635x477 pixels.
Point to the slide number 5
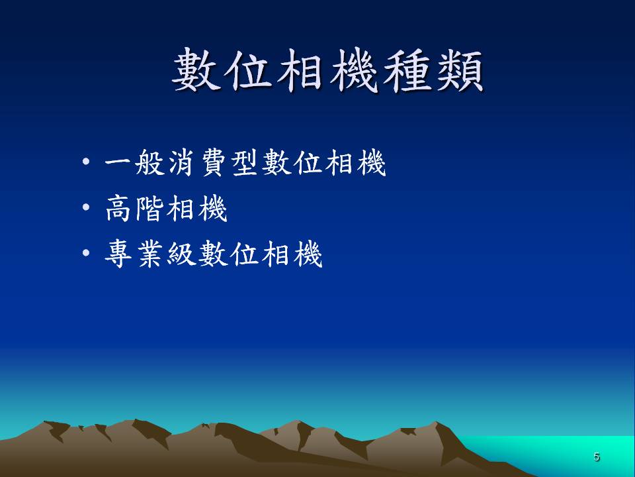click(x=596, y=456)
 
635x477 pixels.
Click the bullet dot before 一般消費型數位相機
click(x=86, y=162)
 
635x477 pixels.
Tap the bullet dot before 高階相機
click(x=86, y=207)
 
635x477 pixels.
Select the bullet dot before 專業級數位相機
click(x=86, y=253)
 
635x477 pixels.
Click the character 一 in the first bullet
click(x=118, y=162)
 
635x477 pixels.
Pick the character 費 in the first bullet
click(x=214, y=163)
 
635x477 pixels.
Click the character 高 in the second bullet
click(x=118, y=208)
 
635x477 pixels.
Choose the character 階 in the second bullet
click(x=149, y=208)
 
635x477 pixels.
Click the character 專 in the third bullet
click(x=118, y=254)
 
